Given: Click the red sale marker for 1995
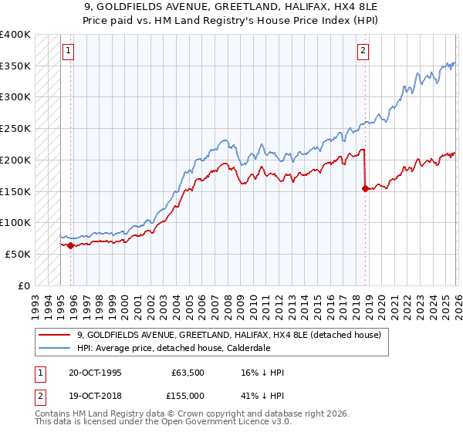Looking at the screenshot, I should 70,246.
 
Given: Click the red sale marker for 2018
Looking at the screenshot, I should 364,187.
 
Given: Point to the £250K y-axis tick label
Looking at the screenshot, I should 15,129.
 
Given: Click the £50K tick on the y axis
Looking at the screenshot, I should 18,254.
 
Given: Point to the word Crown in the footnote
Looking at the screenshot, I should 183,415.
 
